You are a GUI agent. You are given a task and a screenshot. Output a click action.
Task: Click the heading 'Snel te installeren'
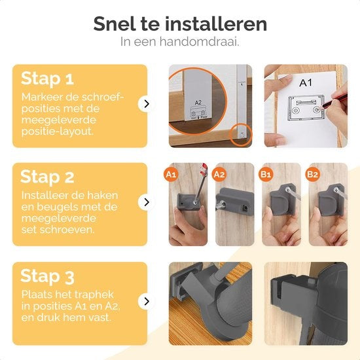tap(180, 24)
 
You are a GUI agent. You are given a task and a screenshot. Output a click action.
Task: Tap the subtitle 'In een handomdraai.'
tap(180, 41)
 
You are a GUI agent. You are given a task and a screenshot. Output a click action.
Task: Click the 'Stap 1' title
tap(47, 79)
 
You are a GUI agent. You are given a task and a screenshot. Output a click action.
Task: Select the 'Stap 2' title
tap(47, 177)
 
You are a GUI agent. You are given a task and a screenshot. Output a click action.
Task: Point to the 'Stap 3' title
tap(47, 276)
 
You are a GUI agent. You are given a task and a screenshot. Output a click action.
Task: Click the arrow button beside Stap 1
tap(146, 104)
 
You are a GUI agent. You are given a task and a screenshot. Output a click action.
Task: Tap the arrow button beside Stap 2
tap(146, 202)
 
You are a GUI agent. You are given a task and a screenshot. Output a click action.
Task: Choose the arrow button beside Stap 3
tap(146, 301)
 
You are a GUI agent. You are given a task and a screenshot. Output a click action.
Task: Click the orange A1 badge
tap(171, 175)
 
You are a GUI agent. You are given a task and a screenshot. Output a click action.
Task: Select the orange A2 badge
tap(219, 175)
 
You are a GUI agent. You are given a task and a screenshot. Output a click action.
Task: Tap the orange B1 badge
tap(266, 175)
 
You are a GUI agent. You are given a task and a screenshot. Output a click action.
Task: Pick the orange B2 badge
tap(312, 175)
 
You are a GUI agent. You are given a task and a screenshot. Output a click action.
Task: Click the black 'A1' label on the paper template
tap(306, 82)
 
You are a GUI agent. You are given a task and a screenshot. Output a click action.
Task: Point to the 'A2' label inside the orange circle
tap(198, 102)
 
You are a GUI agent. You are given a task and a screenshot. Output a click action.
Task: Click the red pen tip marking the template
tap(322, 106)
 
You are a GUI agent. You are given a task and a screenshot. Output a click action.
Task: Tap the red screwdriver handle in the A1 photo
tap(204, 170)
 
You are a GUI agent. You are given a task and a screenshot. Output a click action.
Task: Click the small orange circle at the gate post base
tap(241, 135)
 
